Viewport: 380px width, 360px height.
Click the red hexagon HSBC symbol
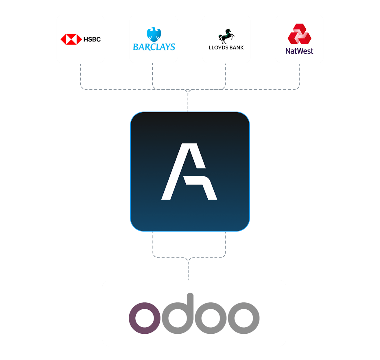71,39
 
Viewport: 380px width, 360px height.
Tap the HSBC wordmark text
92,39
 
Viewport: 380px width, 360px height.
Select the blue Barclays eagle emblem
154,34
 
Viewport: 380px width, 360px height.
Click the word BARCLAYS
154,47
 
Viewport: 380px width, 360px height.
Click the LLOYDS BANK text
226,47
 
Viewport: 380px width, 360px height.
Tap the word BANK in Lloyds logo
237,47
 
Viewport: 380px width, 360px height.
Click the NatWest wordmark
299,51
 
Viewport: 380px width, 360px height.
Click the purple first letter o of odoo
145,318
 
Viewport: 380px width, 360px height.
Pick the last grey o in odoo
244,318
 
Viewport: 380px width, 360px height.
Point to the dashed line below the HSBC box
80,75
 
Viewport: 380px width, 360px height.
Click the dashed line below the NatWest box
300,75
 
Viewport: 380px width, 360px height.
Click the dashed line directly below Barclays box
153,75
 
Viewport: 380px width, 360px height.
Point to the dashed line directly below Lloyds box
225,75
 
